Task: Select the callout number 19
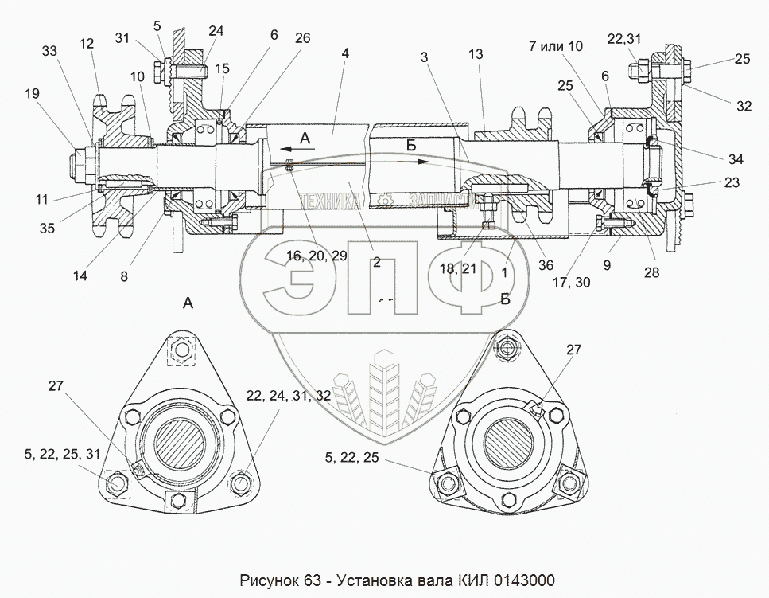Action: pyautogui.click(x=31, y=94)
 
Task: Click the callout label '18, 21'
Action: pyautogui.click(x=458, y=269)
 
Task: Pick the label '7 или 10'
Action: pyautogui.click(x=555, y=46)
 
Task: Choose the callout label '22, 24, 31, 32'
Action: pyautogui.click(x=277, y=396)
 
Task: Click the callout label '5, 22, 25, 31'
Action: pyautogui.click(x=63, y=454)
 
